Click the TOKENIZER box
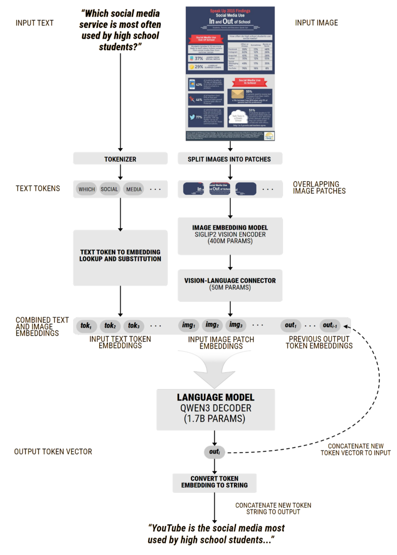[x=120, y=159]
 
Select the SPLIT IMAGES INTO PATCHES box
[x=229, y=159]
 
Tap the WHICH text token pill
[x=87, y=189]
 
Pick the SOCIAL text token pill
[x=109, y=189]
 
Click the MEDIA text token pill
[x=134, y=189]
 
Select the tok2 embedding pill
[x=110, y=325]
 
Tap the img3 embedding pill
[x=236, y=325]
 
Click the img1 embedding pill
[x=189, y=325]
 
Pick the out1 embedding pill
[x=291, y=325]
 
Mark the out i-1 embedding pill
[x=330, y=325]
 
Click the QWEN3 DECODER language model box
[x=215, y=409]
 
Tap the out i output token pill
[x=214, y=452]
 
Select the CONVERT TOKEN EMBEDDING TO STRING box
[x=214, y=482]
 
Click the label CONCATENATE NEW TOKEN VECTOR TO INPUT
[x=355, y=450]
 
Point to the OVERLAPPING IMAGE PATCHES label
[x=319, y=188]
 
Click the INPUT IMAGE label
[x=316, y=23]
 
